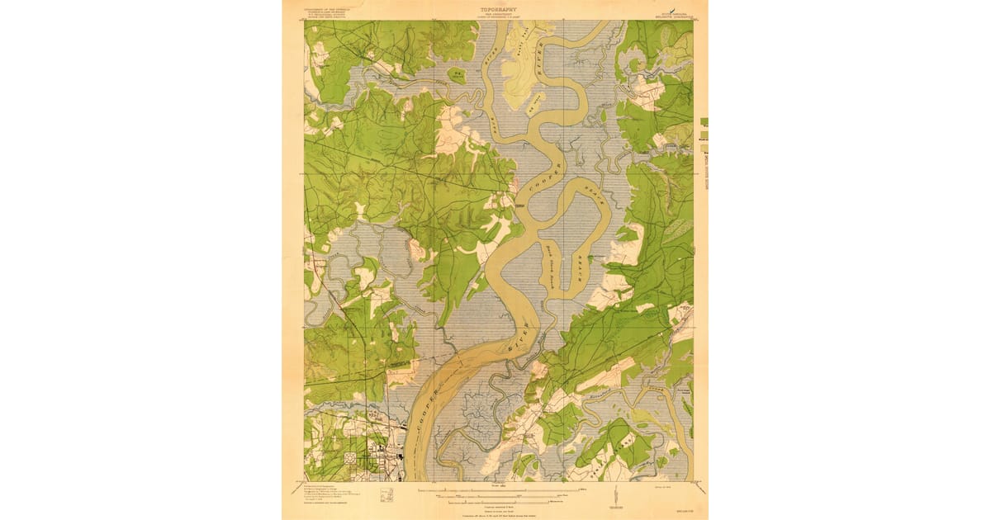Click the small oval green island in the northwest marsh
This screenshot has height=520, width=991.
(x=456, y=75)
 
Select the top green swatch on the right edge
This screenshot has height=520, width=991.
(x=704, y=121)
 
